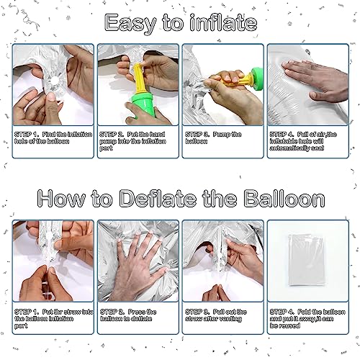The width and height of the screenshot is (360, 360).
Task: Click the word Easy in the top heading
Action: [x=130, y=23]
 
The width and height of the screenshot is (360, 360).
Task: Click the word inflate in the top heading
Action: [x=223, y=22]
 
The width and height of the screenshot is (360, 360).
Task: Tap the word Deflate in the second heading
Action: [x=158, y=199]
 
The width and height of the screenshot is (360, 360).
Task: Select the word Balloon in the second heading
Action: [x=284, y=199]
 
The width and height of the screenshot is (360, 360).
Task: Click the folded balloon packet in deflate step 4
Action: [x=307, y=260]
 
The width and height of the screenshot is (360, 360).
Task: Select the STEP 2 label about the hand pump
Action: [x=112, y=135]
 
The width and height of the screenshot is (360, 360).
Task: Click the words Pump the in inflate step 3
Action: [x=228, y=135]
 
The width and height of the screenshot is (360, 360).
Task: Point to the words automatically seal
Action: [x=297, y=148]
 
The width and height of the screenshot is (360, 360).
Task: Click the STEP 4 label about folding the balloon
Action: [x=282, y=312]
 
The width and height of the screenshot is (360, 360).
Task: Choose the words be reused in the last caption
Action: [x=285, y=325]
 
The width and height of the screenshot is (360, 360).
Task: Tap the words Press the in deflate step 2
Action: [x=142, y=312]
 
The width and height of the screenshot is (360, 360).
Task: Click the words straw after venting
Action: [x=213, y=319]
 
